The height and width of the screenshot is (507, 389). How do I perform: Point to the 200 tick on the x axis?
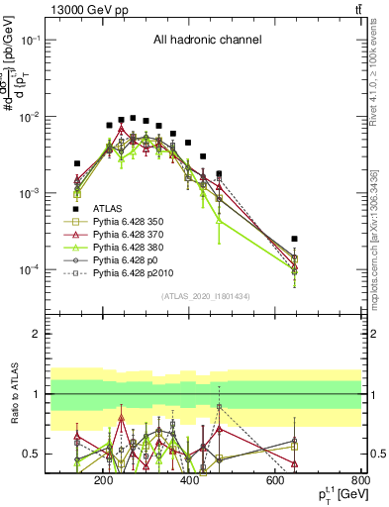103,480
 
